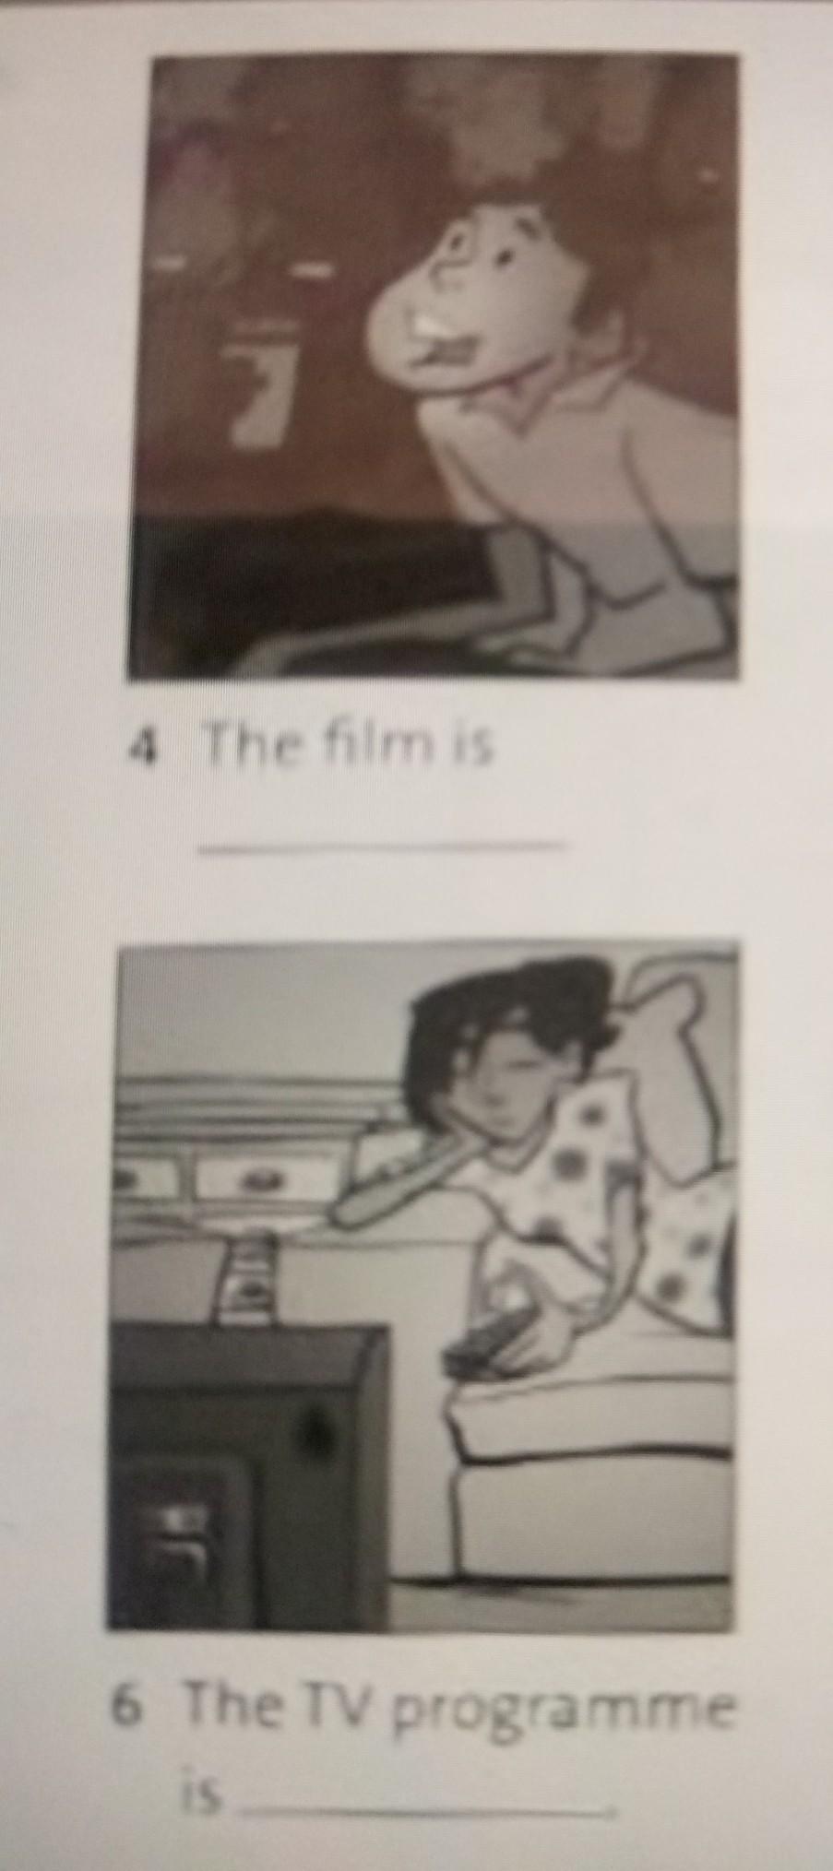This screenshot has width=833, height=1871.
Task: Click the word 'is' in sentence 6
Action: (202, 1793)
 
